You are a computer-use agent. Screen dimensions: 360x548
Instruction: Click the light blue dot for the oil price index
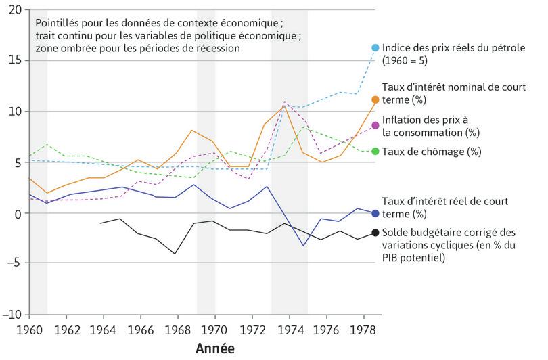[375, 47]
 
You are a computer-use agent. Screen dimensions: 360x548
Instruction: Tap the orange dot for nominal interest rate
[375, 99]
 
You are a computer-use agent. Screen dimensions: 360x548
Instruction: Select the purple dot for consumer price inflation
[375, 125]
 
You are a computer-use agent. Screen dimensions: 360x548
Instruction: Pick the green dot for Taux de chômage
[375, 151]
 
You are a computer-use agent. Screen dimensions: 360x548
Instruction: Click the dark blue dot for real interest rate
[375, 213]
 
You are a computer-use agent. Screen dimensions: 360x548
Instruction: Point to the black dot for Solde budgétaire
[375, 233]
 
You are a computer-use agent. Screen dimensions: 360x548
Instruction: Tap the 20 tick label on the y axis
[16, 9]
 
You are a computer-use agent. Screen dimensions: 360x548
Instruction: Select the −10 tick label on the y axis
[13, 315]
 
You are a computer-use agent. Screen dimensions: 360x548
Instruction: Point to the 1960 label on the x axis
[29, 330]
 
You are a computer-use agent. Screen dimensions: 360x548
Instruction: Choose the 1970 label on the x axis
[215, 330]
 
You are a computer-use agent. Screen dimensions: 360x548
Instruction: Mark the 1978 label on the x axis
[363, 330]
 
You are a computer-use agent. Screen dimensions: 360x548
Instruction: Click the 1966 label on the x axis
[141, 330]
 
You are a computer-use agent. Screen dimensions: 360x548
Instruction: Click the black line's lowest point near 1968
[175, 254]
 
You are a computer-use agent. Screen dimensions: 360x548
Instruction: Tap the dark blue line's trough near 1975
[303, 245]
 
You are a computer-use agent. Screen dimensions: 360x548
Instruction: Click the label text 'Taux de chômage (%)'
[431, 151]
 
